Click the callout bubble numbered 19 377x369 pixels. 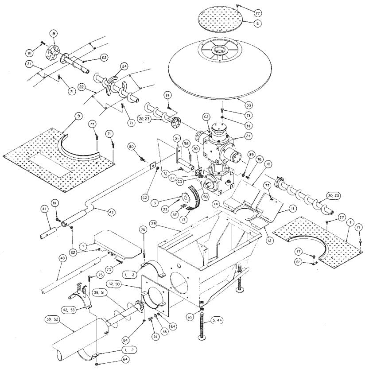click(x=53, y=33)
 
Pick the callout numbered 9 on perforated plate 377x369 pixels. click(x=78, y=117)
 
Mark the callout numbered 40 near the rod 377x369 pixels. click(x=62, y=258)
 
